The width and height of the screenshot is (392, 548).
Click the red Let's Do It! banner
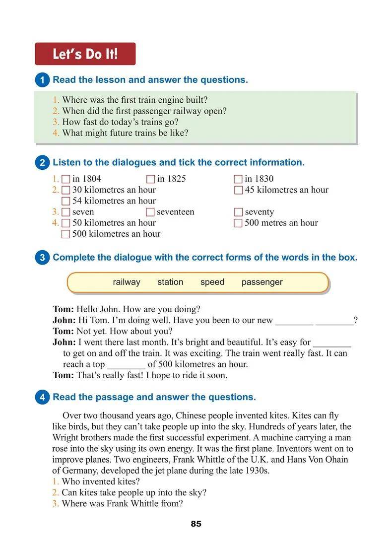(85, 54)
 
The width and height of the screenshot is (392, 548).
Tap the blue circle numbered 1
(43, 80)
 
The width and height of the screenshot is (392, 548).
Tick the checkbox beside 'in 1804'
(66, 179)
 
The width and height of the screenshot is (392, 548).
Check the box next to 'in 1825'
(151, 179)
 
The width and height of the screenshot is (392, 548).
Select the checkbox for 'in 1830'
(238, 179)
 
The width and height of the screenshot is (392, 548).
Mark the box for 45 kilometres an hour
(238, 190)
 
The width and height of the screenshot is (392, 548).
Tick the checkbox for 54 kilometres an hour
(66, 201)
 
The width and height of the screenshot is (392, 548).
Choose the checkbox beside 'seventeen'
(151, 212)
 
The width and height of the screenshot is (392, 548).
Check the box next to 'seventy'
(238, 212)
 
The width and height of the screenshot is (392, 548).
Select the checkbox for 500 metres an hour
(238, 223)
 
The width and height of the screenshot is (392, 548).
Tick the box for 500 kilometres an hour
(66, 234)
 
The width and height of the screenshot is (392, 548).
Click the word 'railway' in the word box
(127, 282)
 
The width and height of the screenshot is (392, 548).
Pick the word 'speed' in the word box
(212, 282)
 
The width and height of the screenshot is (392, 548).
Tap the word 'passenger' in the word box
(262, 282)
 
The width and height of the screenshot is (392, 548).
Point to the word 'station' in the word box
(170, 282)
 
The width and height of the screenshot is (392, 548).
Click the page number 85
(196, 524)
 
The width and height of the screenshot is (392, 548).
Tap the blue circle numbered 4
(43, 397)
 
